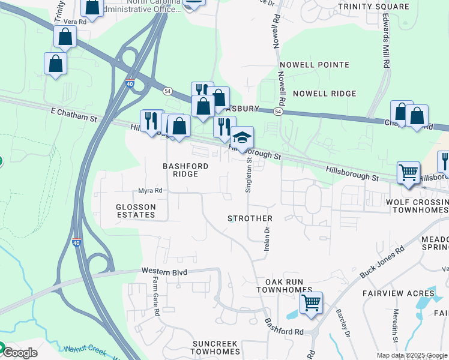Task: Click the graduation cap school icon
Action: point(243,139)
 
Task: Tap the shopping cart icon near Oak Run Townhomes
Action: point(311,303)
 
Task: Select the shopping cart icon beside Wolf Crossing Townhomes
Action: point(408,173)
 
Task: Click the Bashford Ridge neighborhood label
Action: point(185,170)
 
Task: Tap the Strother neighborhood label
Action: point(250,218)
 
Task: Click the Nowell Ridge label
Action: point(324,94)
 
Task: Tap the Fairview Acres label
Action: point(390,293)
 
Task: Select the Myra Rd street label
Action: point(150,191)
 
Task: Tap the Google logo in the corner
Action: point(19,353)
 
